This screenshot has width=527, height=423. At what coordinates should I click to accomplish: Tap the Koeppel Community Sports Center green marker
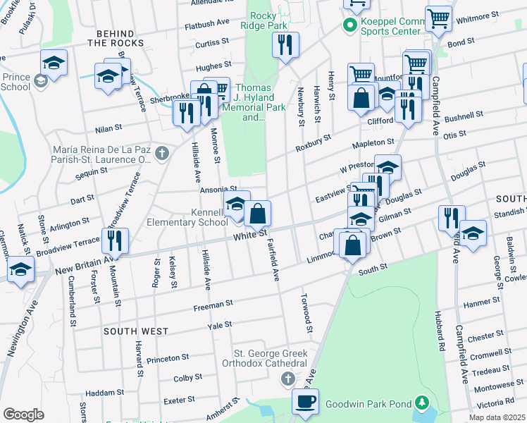(348, 26)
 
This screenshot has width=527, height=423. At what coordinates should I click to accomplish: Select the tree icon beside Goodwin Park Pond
(421, 404)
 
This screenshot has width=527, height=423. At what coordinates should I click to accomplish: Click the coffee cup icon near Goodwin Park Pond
(305, 403)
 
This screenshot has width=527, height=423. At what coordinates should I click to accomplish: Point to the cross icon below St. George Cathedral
(287, 380)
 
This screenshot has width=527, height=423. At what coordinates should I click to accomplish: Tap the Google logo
(23, 415)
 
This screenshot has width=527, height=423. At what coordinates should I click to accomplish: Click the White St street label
(251, 233)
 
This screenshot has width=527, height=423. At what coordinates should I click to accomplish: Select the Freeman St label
(215, 304)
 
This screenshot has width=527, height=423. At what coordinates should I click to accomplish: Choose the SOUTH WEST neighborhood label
(136, 331)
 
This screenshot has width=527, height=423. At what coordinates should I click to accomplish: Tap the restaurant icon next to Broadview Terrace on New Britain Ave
(114, 240)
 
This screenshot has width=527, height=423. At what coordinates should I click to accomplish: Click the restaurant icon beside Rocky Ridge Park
(285, 44)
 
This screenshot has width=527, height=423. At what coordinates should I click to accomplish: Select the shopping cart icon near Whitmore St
(438, 18)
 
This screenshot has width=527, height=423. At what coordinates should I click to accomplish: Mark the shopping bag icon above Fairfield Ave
(258, 212)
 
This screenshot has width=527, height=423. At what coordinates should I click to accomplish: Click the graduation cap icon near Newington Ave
(21, 269)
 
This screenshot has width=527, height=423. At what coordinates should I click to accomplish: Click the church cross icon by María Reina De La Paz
(161, 153)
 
